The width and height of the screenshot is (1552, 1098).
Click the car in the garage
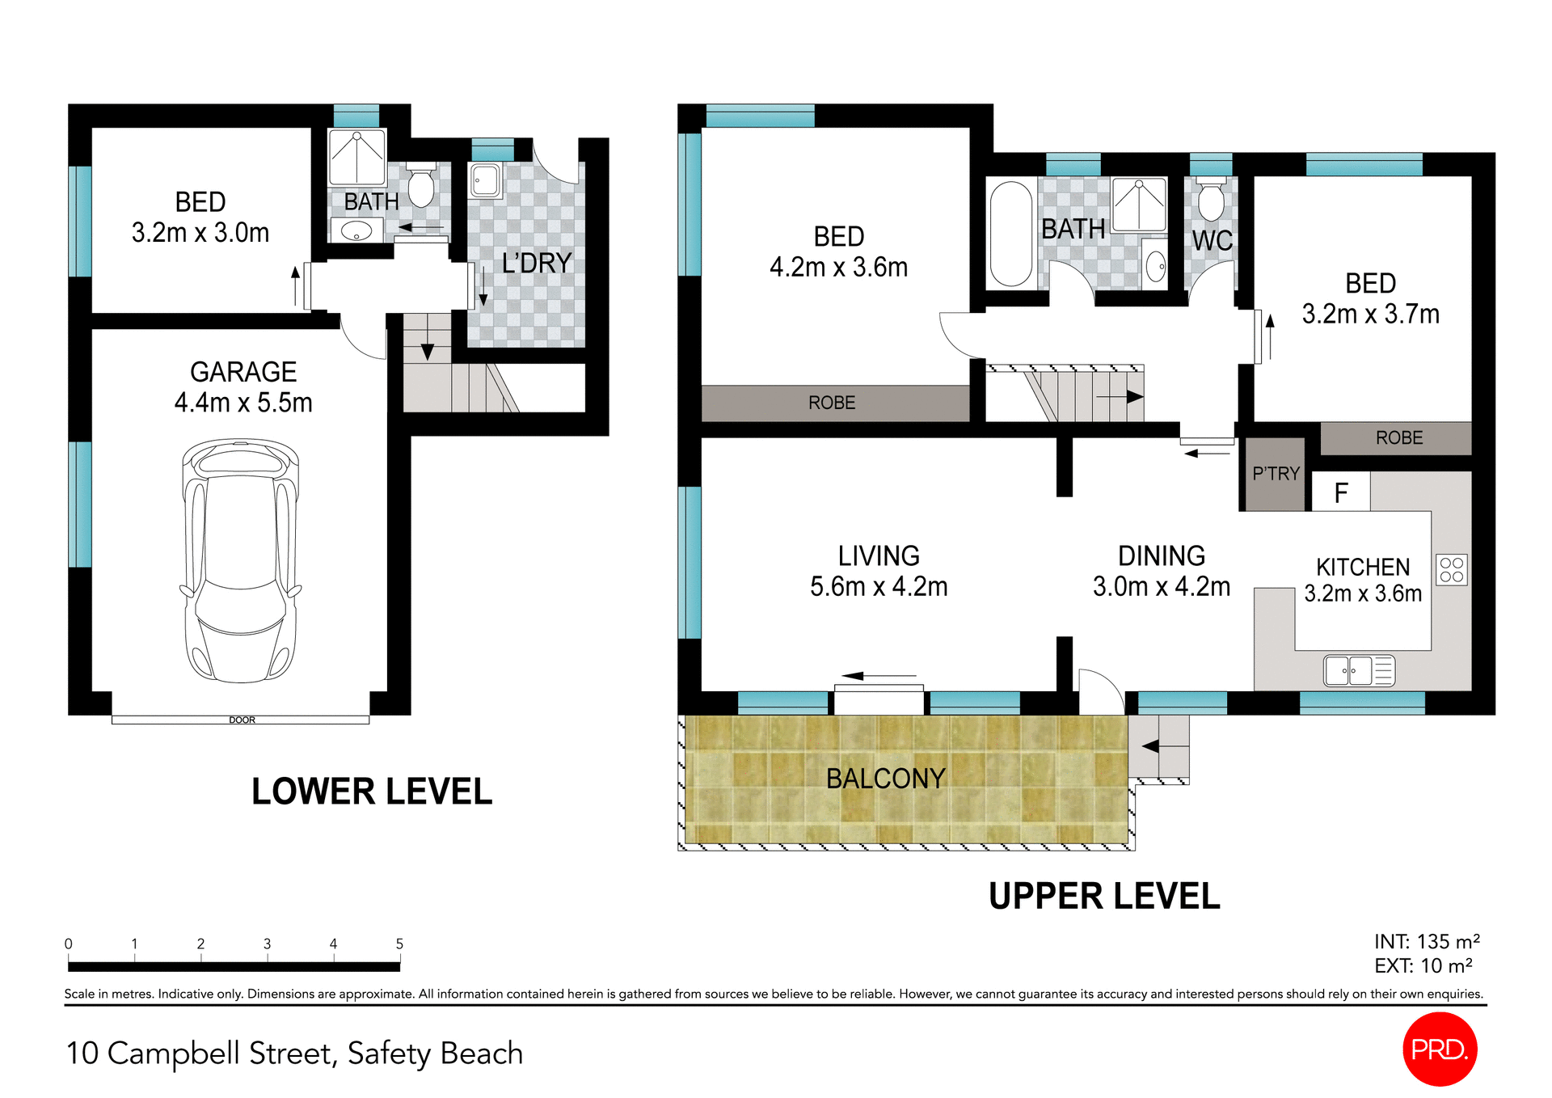pyautogui.click(x=241, y=560)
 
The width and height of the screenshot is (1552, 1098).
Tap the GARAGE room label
pyautogui.click(x=243, y=372)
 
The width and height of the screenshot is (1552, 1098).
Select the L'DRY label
pyautogui.click(x=536, y=264)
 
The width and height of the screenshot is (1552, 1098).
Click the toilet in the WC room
pyautogui.click(x=1210, y=201)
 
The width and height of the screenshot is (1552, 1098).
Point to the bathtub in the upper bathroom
pyautogui.click(x=1010, y=234)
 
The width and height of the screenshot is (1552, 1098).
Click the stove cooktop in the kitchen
pyautogui.click(x=1451, y=570)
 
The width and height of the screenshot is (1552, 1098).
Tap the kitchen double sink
pyautogui.click(x=1359, y=671)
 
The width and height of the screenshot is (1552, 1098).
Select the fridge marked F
pyautogui.click(x=1340, y=492)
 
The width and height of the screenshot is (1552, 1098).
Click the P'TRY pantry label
pyautogui.click(x=1276, y=474)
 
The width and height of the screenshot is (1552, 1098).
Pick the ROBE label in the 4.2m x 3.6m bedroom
pyautogui.click(x=832, y=403)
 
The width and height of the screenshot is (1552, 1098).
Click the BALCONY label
pyautogui.click(x=885, y=779)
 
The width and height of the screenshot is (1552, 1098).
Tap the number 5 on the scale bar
pyautogui.click(x=399, y=944)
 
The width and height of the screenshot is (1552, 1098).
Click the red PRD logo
pyautogui.click(x=1440, y=1049)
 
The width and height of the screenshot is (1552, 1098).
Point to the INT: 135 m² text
pyautogui.click(x=1427, y=942)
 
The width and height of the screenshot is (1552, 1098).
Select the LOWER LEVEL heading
pyautogui.click(x=372, y=792)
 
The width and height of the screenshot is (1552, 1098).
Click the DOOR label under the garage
pyautogui.click(x=242, y=720)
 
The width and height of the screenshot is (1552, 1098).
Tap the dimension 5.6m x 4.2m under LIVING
pyautogui.click(x=879, y=587)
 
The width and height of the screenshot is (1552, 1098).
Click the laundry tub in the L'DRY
pyautogui.click(x=486, y=180)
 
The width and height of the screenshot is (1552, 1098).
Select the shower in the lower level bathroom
pyautogui.click(x=356, y=157)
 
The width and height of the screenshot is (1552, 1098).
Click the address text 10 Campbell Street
pyautogui.click(x=295, y=1054)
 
